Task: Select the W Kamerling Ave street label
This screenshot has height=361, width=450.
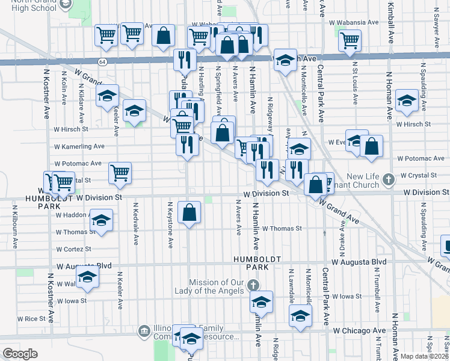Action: (x=79, y=146)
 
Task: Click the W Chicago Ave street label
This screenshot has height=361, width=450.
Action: (x=360, y=331)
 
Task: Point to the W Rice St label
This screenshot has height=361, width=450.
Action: (x=31, y=318)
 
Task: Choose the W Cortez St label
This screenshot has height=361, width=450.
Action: (x=73, y=248)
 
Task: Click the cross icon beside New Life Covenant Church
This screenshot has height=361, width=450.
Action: (x=389, y=179)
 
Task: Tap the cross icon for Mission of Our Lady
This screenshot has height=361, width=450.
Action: (x=253, y=285)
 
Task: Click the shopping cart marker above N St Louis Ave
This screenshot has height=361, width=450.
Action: (x=350, y=40)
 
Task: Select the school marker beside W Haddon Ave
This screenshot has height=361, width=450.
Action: (x=101, y=220)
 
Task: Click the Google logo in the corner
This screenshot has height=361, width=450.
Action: (x=20, y=354)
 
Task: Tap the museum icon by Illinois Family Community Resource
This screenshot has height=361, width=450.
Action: (x=144, y=330)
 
